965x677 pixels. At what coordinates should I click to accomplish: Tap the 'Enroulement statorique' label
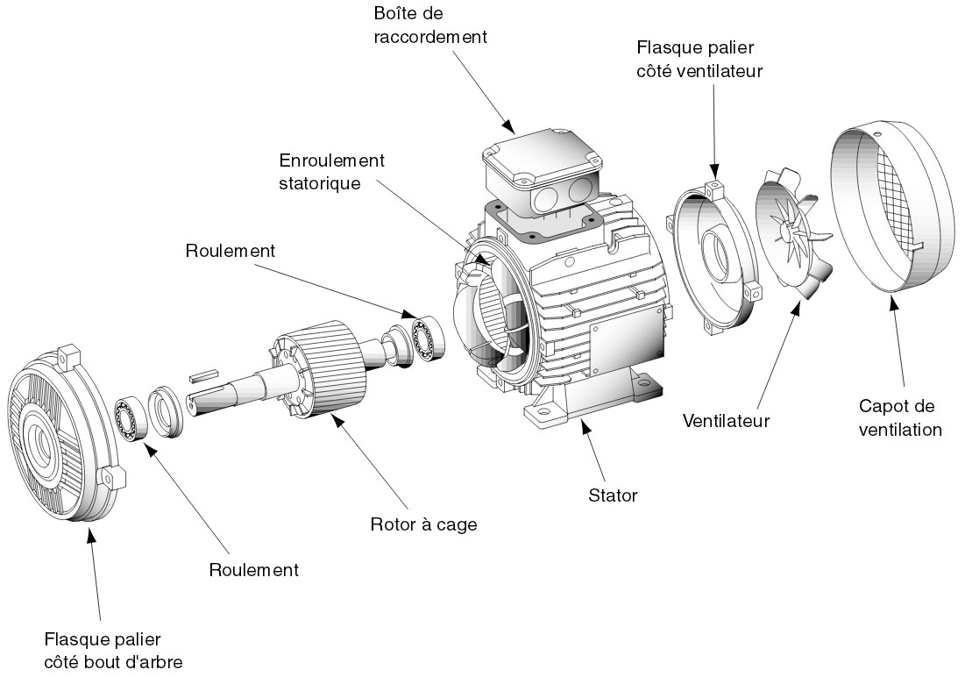[332, 173]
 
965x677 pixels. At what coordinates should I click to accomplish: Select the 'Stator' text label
[613, 495]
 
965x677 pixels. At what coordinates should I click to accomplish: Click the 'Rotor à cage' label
[424, 524]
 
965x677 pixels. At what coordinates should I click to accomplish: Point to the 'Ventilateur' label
[726, 421]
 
